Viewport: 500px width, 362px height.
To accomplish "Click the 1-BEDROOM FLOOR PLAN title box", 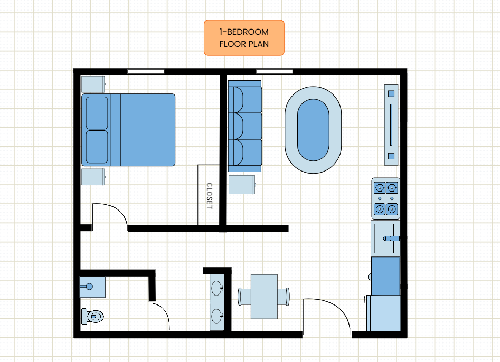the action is coord(244,38).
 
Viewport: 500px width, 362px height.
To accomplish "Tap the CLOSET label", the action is coord(209,196).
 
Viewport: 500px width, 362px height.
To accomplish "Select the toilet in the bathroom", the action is coord(92,316).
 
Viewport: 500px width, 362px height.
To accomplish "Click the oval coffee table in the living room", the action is coord(313,130).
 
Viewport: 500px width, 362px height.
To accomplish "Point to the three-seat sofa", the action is coord(245,126).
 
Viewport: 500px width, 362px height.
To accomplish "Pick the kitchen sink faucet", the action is coord(391,239).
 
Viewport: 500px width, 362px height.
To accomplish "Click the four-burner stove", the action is coord(385,198).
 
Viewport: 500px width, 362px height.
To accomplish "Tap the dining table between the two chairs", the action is coord(264,297).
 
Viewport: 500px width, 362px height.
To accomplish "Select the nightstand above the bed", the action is coord(93,84).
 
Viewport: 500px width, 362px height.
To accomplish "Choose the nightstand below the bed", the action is coord(93,177).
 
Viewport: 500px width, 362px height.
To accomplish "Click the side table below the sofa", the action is coord(242,185).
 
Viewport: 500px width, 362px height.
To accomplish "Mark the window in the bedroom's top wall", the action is coord(146,72).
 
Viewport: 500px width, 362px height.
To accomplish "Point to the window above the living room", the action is coord(274,72).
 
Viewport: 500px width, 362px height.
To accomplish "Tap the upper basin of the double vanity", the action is coord(217,289).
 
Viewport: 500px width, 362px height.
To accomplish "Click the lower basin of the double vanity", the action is coord(217,316).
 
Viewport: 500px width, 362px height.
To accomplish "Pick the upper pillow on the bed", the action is coord(97,113).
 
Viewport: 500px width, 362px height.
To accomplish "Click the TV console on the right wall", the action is coord(391,125).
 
